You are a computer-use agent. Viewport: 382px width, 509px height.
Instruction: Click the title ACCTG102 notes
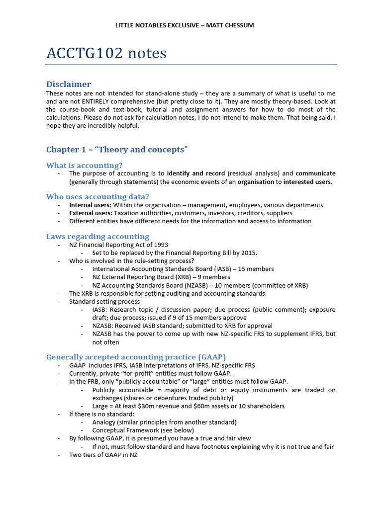coord(106,53)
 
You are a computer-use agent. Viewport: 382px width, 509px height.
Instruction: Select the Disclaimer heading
coord(69,84)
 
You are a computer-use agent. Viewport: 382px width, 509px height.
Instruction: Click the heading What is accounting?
coord(84,165)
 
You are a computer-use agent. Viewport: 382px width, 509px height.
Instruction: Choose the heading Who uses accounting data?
coord(97,196)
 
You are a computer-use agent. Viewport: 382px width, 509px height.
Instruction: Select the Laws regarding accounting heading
coord(97,236)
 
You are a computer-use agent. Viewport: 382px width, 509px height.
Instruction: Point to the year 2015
coord(249,253)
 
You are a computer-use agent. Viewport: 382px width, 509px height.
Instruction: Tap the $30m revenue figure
coord(156,406)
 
